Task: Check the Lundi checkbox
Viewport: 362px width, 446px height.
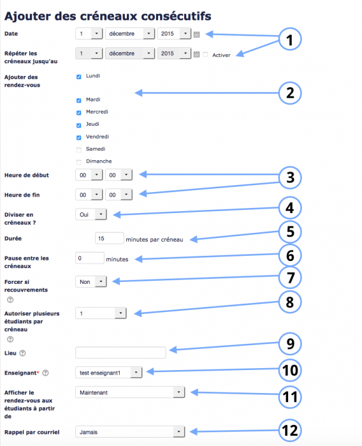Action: [x=79, y=77]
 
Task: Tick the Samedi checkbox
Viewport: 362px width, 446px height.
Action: [x=79, y=149]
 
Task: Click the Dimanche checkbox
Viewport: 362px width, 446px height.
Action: [x=79, y=161]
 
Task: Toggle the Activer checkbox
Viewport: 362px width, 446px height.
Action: [x=205, y=54]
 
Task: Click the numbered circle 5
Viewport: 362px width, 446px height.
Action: [x=289, y=232]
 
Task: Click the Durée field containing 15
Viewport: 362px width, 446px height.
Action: [x=108, y=238]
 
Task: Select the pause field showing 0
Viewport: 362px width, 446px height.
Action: [x=89, y=258]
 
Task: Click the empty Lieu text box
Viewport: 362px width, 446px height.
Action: [x=120, y=352]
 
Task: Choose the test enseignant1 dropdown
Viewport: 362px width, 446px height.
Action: [x=109, y=371]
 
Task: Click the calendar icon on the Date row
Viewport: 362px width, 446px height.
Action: [x=197, y=34]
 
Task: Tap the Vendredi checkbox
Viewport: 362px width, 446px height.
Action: [x=79, y=137]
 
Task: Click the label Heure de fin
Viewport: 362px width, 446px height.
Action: [x=22, y=194]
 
